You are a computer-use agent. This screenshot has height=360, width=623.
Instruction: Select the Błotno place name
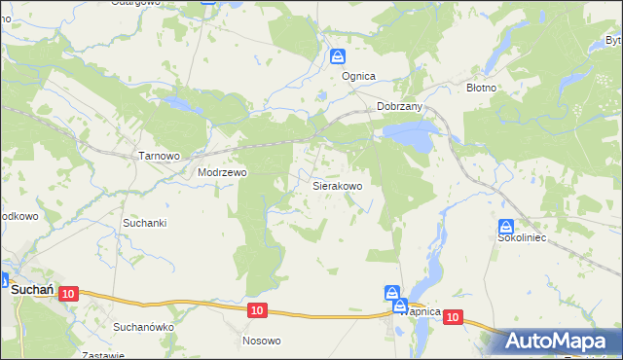click(481, 88)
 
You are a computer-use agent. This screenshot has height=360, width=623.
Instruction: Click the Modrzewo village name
click(223, 172)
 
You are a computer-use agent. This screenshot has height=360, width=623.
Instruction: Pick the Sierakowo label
click(337, 185)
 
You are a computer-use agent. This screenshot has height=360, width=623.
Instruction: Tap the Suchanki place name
click(145, 223)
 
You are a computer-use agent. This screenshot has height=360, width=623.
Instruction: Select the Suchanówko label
click(143, 327)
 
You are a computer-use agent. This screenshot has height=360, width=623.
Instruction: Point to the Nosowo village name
click(261, 341)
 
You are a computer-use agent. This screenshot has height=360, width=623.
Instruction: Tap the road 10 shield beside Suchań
click(67, 293)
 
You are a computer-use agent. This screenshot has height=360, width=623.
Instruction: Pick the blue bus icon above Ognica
click(337, 56)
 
